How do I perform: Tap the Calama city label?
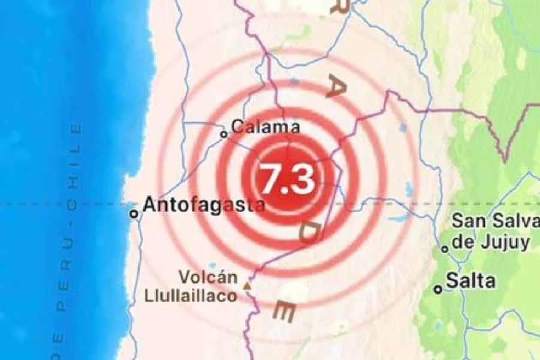click(x=265, y=127)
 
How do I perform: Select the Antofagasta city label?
click(x=203, y=205)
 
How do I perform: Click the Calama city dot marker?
click(x=224, y=134)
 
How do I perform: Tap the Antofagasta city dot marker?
click(x=134, y=213)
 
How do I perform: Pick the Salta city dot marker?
click(x=439, y=289)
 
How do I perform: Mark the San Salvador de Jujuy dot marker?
click(x=445, y=248)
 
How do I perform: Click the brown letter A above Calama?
click(x=334, y=88)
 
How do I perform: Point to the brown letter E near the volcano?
click(x=284, y=311)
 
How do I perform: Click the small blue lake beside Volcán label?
click(x=212, y=265)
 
